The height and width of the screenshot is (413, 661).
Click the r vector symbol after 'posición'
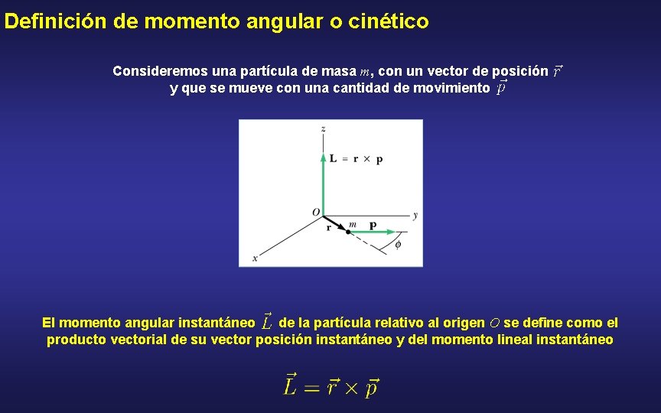(x=557, y=71)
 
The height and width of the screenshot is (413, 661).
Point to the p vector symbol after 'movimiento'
(x=501, y=88)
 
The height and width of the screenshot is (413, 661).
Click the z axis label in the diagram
(x=324, y=128)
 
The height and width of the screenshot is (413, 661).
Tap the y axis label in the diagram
(x=415, y=216)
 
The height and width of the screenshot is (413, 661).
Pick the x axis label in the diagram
(x=254, y=259)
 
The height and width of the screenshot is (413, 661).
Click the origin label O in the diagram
(x=315, y=211)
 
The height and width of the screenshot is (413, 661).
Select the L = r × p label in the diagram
(x=357, y=159)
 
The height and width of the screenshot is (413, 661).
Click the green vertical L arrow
(x=324, y=184)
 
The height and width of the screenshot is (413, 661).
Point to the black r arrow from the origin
(x=335, y=223)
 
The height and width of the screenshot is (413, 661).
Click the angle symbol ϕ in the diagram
(x=397, y=245)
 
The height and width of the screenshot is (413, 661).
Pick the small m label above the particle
(x=352, y=224)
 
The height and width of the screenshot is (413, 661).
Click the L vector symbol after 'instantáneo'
(x=265, y=321)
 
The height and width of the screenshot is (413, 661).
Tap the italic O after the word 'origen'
(x=494, y=323)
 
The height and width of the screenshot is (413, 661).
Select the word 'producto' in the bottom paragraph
(x=77, y=340)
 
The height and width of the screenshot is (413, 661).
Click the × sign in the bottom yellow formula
(x=350, y=388)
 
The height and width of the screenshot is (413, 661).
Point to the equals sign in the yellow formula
(x=310, y=388)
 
